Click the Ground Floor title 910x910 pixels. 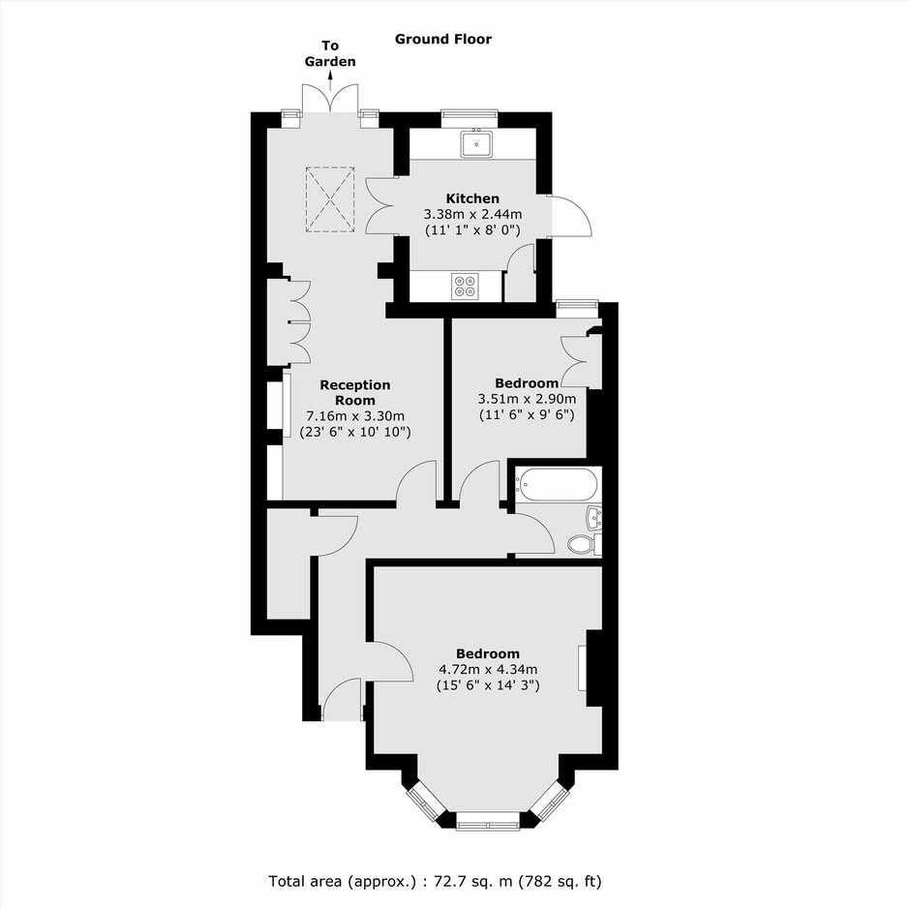[442, 39]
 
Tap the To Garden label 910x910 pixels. [330, 53]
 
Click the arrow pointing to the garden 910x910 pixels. [331, 80]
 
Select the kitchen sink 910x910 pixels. [476, 143]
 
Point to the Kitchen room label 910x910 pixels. [472, 198]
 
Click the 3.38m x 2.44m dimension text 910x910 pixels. [473, 214]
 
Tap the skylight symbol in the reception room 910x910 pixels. [330, 199]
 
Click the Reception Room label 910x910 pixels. [355, 392]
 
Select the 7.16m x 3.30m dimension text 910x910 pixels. [355, 416]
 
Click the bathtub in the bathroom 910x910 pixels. [558, 484]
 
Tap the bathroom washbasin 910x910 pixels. [594, 517]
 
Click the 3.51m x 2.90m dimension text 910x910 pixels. [527, 399]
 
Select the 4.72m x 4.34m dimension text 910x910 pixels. [488, 669]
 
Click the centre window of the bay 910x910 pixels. [488, 820]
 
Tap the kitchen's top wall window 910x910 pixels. [470, 118]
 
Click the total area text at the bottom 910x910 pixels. [436, 882]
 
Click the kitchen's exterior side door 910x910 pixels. [571, 216]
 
